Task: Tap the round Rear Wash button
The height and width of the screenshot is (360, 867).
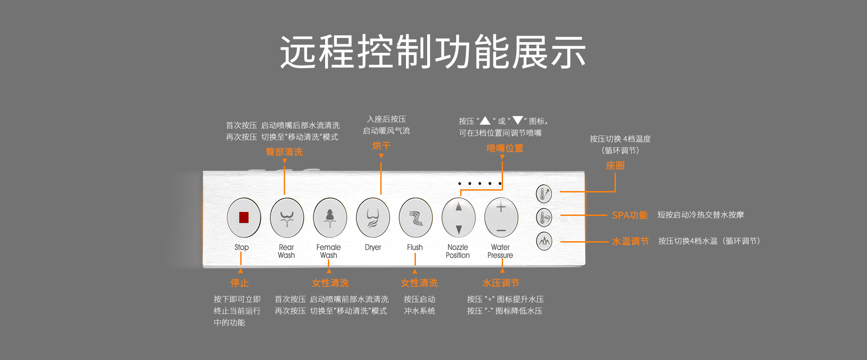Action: pyautogui.click(x=287, y=218)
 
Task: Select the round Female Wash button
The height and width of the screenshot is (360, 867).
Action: pyautogui.click(x=330, y=218)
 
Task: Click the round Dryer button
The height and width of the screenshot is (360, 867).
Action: pyautogui.click(x=373, y=218)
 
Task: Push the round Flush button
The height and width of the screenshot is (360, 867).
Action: pyautogui.click(x=416, y=218)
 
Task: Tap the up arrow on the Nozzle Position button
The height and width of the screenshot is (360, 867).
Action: pyautogui.click(x=459, y=207)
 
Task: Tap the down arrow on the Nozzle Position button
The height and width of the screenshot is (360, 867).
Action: pyautogui.click(x=459, y=229)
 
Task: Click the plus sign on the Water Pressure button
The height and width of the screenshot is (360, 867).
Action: pyautogui.click(x=501, y=207)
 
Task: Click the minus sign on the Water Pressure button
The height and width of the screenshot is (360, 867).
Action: pyautogui.click(x=501, y=231)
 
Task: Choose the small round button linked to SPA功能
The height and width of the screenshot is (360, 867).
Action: pyautogui.click(x=544, y=218)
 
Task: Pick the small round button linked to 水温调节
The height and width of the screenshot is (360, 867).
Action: pyautogui.click(x=544, y=241)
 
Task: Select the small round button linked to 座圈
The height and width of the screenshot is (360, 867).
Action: pyautogui.click(x=544, y=194)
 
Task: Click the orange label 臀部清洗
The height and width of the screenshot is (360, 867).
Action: pyautogui.click(x=284, y=152)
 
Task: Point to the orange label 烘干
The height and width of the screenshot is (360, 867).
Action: pyautogui.click(x=382, y=146)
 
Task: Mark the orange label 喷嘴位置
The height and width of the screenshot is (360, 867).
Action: pyautogui.click(x=505, y=148)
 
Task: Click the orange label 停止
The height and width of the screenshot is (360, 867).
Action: pyautogui.click(x=240, y=283)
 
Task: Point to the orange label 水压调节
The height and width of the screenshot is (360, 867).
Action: pyautogui.click(x=501, y=283)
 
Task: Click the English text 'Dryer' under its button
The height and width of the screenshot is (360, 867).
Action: pyautogui.click(x=373, y=248)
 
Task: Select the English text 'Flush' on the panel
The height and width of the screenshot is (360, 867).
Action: pyautogui.click(x=415, y=248)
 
